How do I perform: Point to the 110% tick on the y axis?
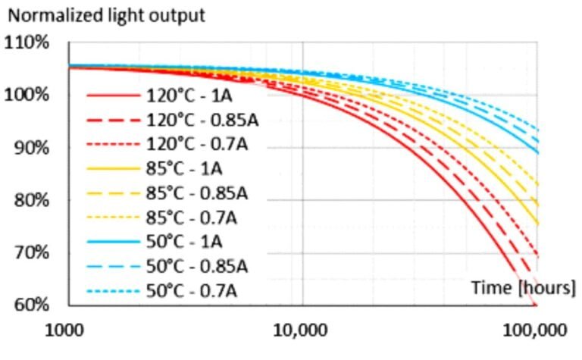click(x=27, y=42)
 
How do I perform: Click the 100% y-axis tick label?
click(x=27, y=95)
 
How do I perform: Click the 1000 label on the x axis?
click(x=67, y=331)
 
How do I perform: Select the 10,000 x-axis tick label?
click(x=303, y=331)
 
